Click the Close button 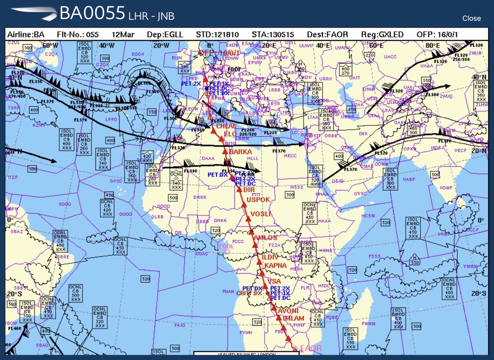471,18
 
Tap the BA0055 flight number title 92,14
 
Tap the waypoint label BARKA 241,152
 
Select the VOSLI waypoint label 261,214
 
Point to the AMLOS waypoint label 266,238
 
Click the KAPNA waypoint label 274,266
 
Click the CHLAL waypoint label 226,126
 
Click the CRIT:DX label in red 249,293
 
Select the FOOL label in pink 226,246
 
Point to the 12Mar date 123,35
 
